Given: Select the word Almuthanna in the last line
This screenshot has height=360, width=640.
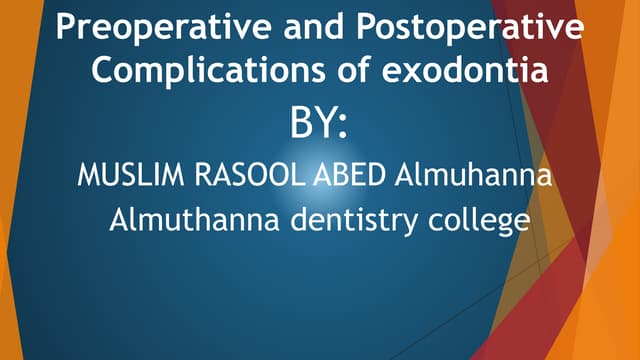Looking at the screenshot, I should (x=195, y=221).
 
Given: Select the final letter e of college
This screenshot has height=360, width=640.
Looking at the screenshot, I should (x=520, y=224).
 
